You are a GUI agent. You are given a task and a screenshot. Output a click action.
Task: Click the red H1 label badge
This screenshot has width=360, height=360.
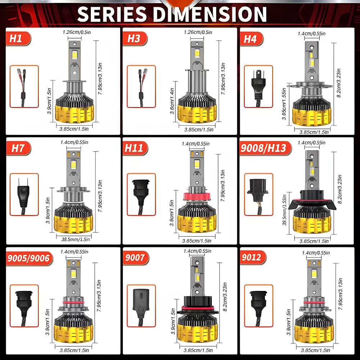[x=18, y=39]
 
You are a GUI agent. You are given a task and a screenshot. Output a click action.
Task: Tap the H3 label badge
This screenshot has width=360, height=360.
[x=135, y=39]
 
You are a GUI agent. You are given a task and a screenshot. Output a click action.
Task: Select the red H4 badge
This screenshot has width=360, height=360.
[x=251, y=39]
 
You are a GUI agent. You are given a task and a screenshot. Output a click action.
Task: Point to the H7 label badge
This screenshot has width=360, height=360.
[x=18, y=148]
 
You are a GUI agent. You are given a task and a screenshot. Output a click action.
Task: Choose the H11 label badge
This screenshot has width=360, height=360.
[x=135, y=148]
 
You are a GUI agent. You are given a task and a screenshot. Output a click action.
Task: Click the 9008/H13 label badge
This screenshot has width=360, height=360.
[x=265, y=148]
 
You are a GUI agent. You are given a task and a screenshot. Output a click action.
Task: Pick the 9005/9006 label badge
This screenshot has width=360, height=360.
[x=30, y=258]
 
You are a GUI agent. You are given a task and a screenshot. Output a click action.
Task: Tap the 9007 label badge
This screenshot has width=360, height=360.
[x=136, y=258]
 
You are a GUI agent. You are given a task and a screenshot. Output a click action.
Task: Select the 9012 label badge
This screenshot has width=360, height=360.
[x=253, y=257]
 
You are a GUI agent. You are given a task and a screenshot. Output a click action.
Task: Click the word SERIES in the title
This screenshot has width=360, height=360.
[x=112, y=14]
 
